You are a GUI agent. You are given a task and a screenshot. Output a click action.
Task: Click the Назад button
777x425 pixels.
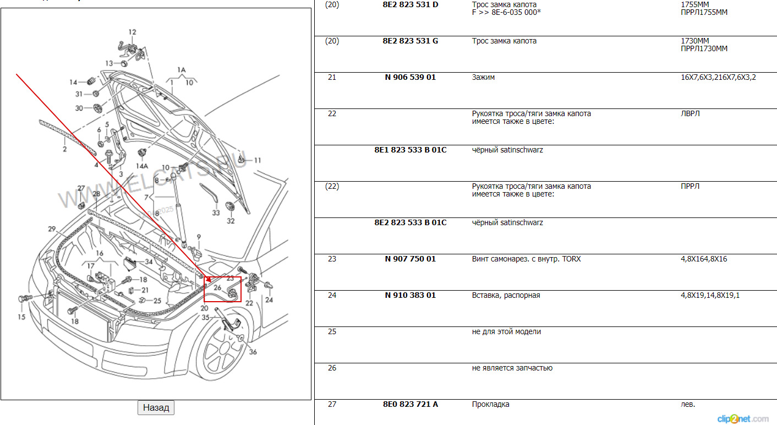(156, 408)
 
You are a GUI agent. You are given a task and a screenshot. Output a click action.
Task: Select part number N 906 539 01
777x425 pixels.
(410, 78)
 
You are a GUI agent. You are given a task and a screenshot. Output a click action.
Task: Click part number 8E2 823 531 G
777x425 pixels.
(410, 41)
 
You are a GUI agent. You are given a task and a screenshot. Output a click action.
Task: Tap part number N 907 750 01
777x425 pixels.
(410, 259)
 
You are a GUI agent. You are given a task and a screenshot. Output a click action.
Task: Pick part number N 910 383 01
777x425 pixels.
(410, 296)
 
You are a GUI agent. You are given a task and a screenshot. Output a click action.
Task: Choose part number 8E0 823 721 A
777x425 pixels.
(410, 405)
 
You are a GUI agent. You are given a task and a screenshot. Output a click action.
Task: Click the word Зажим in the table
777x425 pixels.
(483, 78)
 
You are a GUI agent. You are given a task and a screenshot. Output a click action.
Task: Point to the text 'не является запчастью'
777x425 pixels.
(512, 368)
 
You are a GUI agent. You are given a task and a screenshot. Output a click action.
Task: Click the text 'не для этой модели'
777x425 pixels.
(506, 332)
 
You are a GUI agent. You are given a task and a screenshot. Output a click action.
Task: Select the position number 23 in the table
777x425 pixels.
(332, 259)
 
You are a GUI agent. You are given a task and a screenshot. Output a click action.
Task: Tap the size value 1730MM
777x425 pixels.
(694, 41)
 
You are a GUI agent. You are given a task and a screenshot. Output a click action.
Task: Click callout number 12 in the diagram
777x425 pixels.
(132, 32)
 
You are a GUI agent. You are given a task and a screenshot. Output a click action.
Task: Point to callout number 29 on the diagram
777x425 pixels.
(52, 229)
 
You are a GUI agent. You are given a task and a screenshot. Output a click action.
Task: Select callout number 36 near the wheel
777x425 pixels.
(253, 352)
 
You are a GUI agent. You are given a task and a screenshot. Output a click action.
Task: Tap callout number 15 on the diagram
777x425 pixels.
(21, 317)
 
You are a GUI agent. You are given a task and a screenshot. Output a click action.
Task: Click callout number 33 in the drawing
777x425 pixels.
(216, 212)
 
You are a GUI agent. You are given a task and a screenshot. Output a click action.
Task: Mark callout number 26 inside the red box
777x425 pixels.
(217, 287)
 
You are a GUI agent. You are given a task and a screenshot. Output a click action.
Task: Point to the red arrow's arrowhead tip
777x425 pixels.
(204, 281)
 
